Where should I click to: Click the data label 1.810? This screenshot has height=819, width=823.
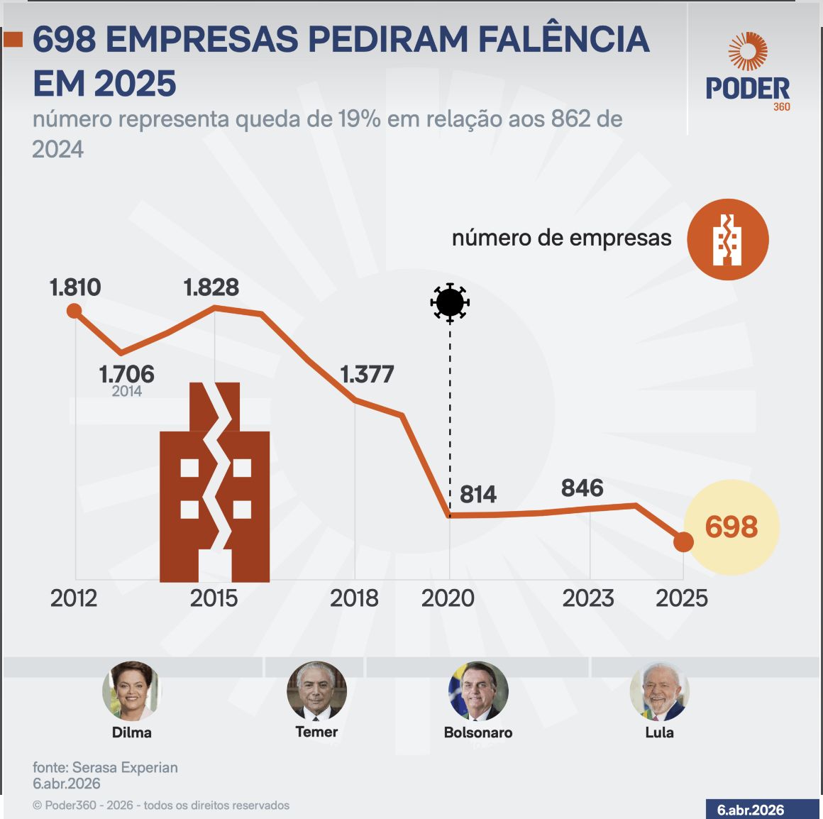(75, 287)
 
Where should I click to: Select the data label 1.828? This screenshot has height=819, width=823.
(211, 287)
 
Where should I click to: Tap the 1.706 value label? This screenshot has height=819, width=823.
(126, 374)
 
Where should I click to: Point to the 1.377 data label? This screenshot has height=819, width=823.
(367, 374)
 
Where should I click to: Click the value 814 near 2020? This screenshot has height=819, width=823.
(478, 494)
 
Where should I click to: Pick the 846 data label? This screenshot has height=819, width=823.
(582, 488)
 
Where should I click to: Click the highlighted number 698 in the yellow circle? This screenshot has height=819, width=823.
(731, 527)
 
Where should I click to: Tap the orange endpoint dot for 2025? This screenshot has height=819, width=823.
(683, 542)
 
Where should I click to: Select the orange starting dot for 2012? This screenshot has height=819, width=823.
(74, 311)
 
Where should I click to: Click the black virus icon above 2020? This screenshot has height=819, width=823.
(450, 303)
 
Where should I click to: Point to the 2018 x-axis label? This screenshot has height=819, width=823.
(354, 598)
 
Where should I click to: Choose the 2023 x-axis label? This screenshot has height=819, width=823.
(588, 598)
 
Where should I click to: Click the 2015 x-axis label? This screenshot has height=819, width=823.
(214, 598)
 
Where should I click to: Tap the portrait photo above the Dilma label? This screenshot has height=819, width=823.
(131, 691)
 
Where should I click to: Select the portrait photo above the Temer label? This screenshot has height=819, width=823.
(316, 691)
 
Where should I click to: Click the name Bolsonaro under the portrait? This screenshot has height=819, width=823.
(477, 732)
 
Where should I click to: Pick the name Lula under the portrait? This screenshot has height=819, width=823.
(659, 732)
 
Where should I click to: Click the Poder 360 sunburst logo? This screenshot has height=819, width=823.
(748, 52)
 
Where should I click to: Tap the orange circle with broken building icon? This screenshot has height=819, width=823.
(727, 239)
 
